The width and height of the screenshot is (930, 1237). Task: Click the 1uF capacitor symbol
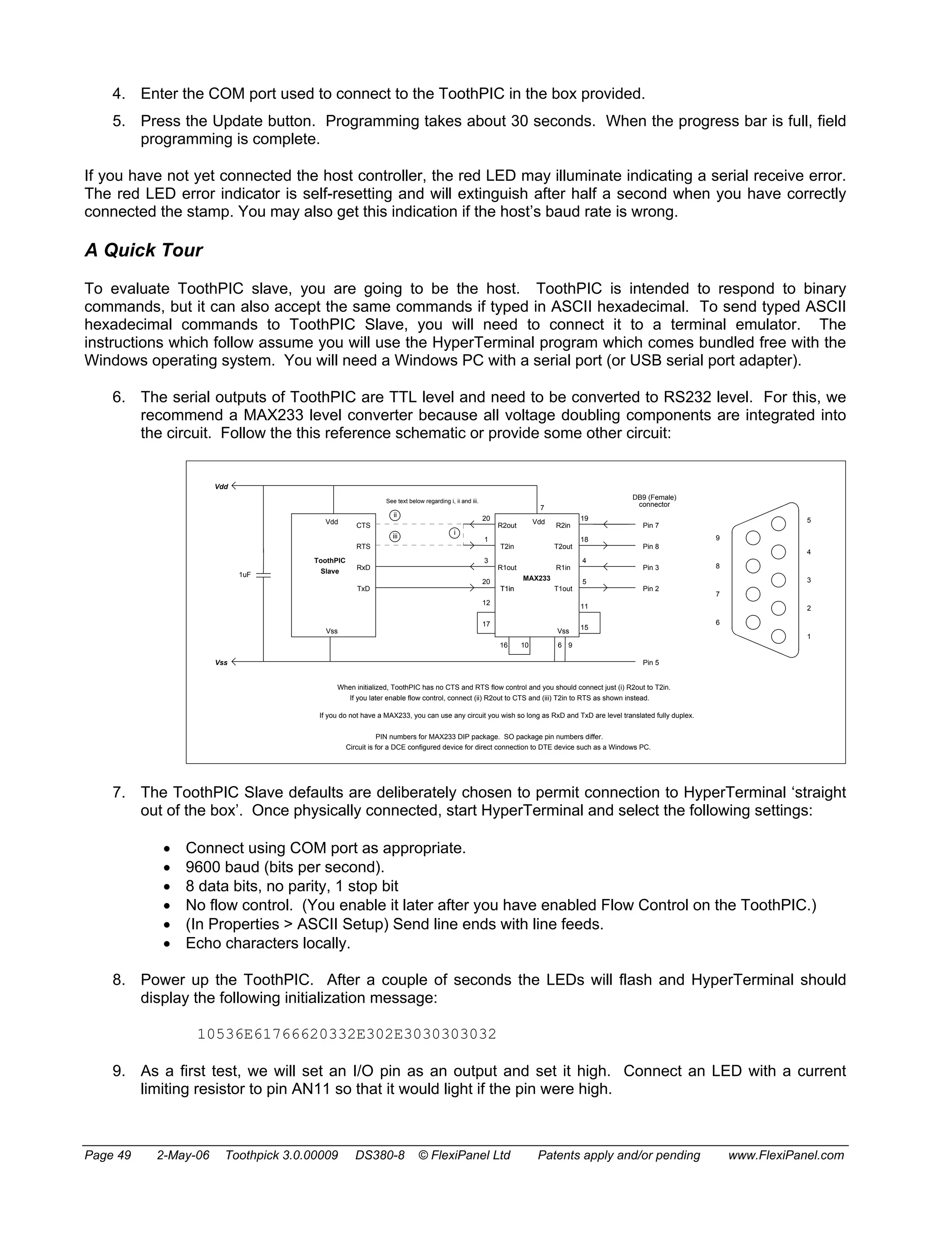[263, 575]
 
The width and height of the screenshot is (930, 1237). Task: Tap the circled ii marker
[395, 515]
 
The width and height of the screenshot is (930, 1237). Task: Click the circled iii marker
[395, 537]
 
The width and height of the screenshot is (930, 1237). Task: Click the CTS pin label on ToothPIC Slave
[363, 525]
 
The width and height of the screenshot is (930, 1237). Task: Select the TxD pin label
[363, 589]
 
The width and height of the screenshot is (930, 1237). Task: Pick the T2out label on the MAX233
[563, 546]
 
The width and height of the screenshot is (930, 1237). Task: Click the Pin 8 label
[650, 546]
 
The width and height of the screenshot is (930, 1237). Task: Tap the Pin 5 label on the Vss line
[650, 663]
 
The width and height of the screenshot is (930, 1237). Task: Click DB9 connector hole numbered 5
[778, 524]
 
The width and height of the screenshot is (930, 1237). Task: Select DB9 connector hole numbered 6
[753, 622]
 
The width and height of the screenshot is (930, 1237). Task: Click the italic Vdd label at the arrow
[222, 486]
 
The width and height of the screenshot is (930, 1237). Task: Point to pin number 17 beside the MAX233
[486, 624]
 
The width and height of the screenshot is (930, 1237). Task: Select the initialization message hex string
[346, 1034]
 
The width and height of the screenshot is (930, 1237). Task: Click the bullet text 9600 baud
[285, 867]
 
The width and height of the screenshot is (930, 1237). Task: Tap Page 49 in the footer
[108, 1155]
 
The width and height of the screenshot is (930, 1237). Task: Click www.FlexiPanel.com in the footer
[786, 1155]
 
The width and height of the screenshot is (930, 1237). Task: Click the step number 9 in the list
[118, 1071]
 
